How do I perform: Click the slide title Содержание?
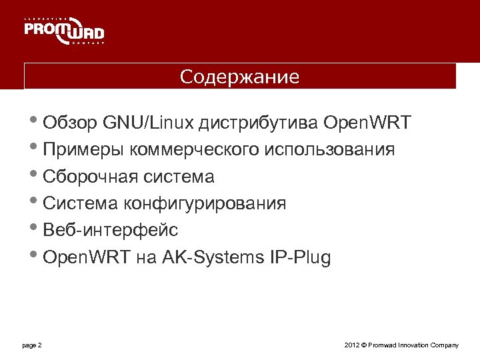click(240, 77)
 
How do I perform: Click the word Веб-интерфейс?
click(110, 230)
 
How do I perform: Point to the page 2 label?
click(32, 345)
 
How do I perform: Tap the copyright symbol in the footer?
click(363, 345)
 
